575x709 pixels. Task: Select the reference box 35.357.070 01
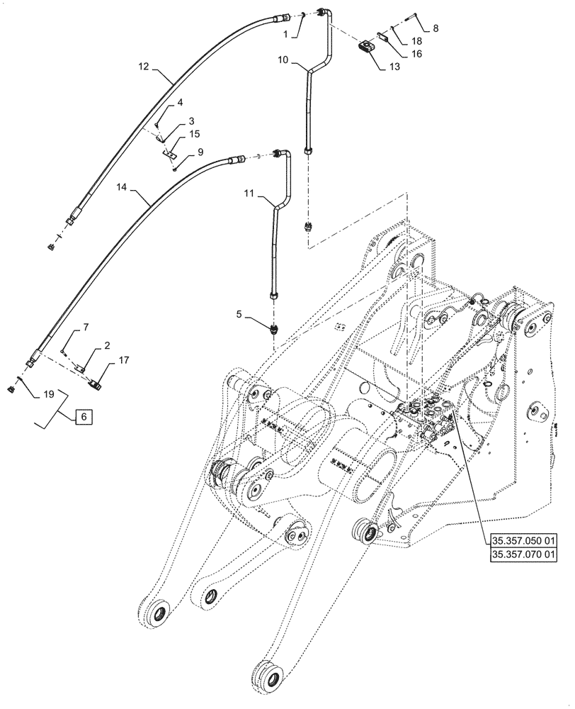(522, 554)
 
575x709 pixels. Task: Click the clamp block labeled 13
(365, 47)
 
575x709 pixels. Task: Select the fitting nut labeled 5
(273, 328)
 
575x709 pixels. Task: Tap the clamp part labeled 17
(97, 384)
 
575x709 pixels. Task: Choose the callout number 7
(86, 327)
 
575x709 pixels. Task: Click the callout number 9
(200, 152)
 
